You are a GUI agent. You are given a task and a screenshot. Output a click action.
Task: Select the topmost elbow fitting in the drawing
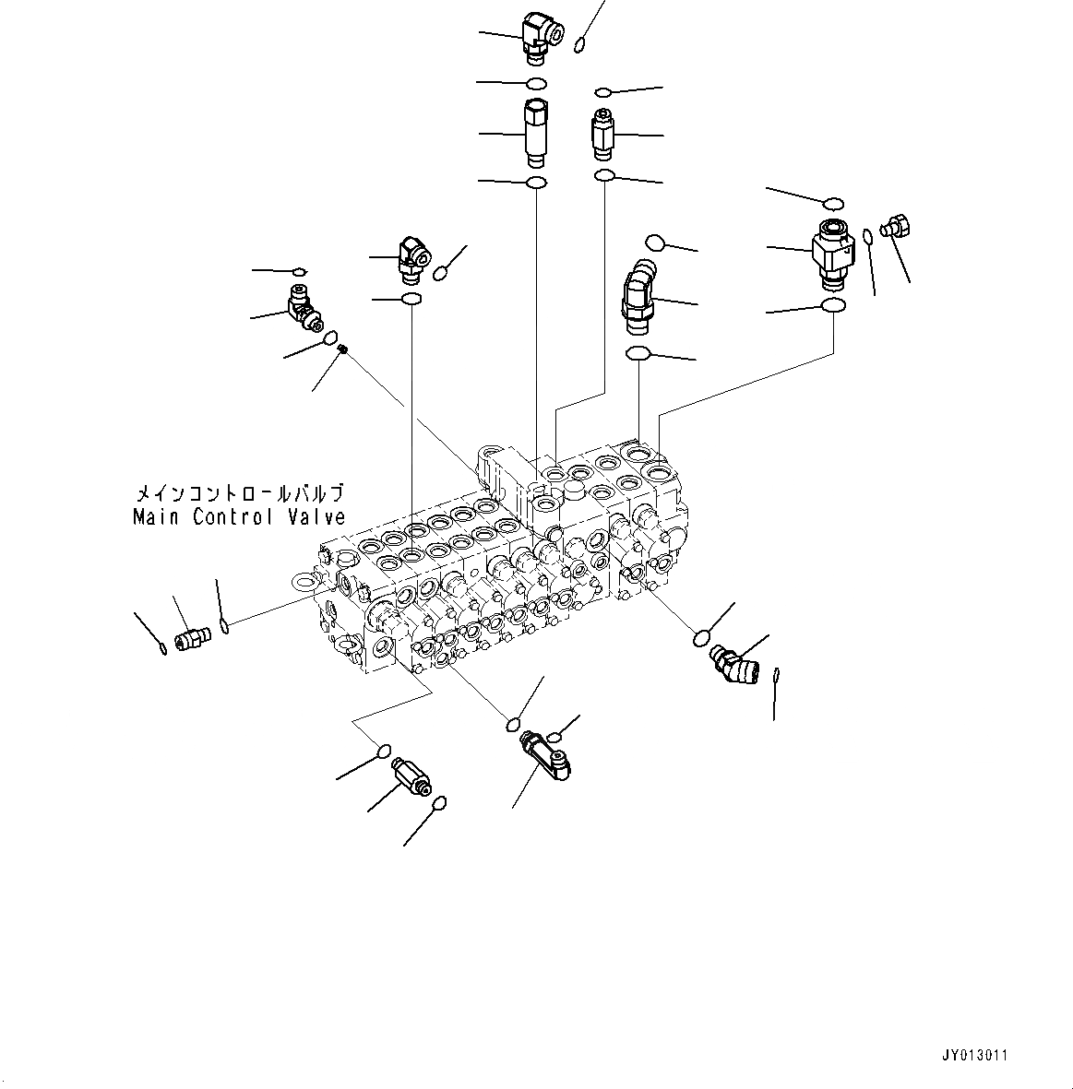coord(538,37)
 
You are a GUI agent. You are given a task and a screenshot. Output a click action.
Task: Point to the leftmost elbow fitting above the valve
coord(302,308)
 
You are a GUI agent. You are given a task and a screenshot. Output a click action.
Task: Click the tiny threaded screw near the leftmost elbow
coord(342,349)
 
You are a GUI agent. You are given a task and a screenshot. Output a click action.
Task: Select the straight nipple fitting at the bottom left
coord(411,776)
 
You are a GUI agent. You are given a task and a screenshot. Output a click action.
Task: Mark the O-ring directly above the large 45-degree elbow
coord(656,243)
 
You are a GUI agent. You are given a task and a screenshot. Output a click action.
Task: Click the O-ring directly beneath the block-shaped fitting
coord(833,305)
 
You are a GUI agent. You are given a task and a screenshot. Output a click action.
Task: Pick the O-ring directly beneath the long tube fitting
coord(536,183)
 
